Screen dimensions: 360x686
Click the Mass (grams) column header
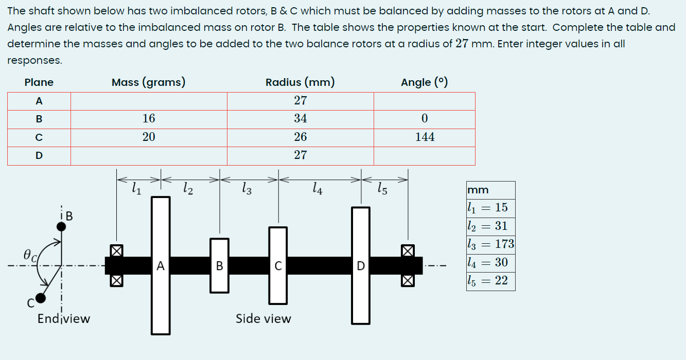point(148,82)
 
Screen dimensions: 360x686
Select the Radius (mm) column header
point(300,82)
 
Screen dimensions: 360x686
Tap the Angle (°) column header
point(424,82)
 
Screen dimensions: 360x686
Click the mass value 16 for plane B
point(149,119)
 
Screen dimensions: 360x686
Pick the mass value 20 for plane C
point(149,137)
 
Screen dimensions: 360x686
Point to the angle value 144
point(425,137)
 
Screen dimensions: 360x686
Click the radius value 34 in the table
point(301,119)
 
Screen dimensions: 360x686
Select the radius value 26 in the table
point(301,137)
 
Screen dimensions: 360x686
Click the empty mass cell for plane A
point(149,101)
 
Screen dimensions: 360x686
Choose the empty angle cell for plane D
point(425,155)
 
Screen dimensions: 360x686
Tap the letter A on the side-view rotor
point(161,266)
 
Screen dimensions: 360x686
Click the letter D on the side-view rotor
point(361,266)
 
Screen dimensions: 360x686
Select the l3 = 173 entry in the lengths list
point(490,244)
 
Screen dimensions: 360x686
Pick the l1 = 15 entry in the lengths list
point(487,208)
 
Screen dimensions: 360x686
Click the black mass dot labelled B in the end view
point(61,226)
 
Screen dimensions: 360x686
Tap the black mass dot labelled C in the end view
point(41,298)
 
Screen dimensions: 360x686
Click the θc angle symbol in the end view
point(29,255)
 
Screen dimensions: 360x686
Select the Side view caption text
point(263,319)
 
